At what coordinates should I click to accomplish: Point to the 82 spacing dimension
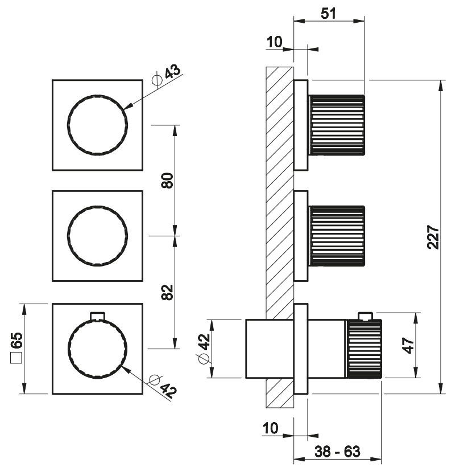coord(167,291)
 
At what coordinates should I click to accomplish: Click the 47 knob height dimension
coord(408,345)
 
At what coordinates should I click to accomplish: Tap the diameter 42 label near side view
coord(204,349)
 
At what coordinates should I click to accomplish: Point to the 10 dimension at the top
coord(274,41)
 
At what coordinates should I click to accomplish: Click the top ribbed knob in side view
coord(337,125)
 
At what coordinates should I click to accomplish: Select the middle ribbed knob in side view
coord(337,236)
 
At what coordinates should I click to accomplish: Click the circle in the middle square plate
coord(97,236)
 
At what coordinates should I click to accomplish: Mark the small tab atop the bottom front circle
coord(97,315)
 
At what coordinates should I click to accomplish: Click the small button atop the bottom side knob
coord(365,316)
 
